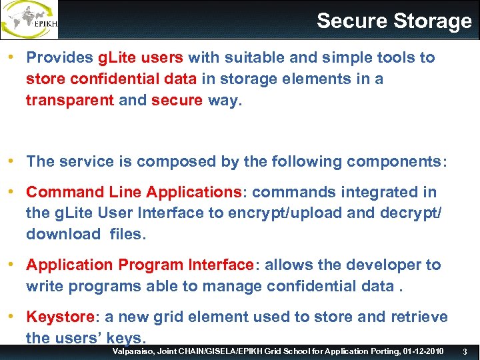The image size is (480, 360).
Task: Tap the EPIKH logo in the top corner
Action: point(30,20)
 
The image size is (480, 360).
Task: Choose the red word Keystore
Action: point(58,317)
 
